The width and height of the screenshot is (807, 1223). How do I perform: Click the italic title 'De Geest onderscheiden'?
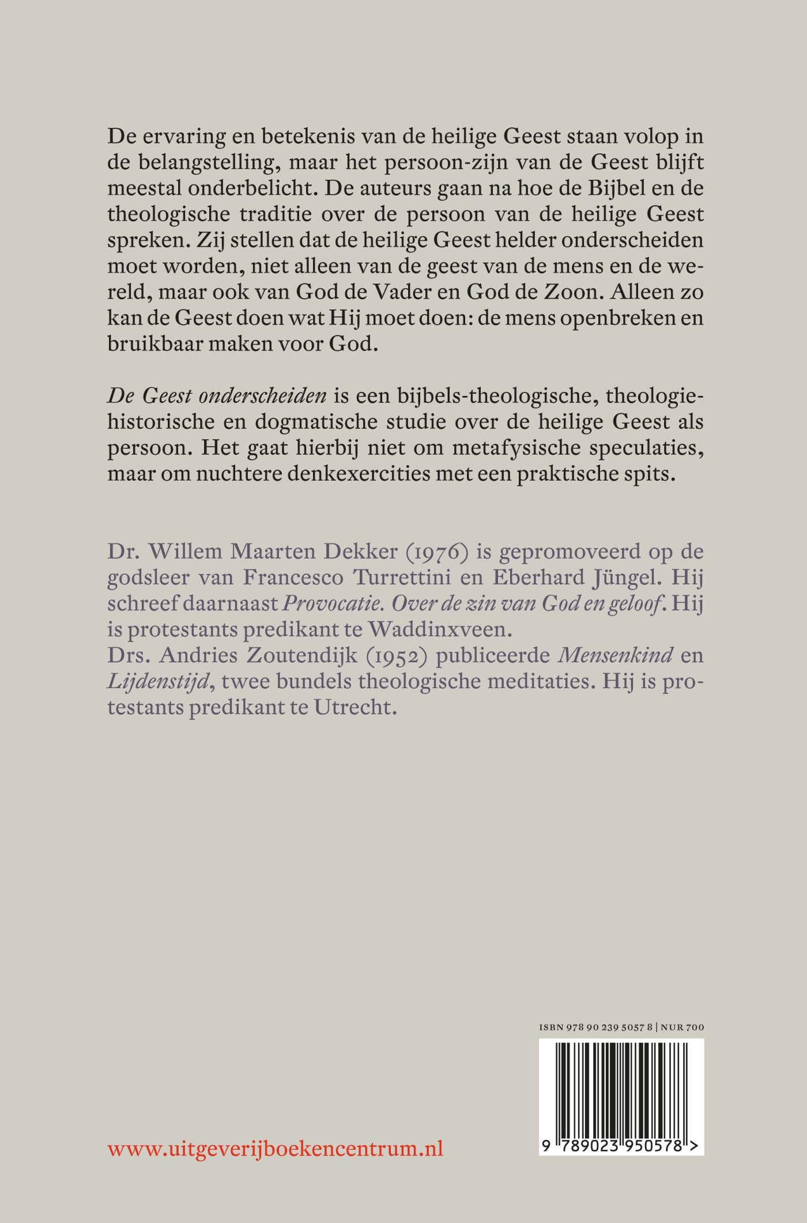pyautogui.click(x=217, y=397)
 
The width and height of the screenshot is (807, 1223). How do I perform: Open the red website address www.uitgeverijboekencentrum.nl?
pyautogui.click(x=276, y=1149)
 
